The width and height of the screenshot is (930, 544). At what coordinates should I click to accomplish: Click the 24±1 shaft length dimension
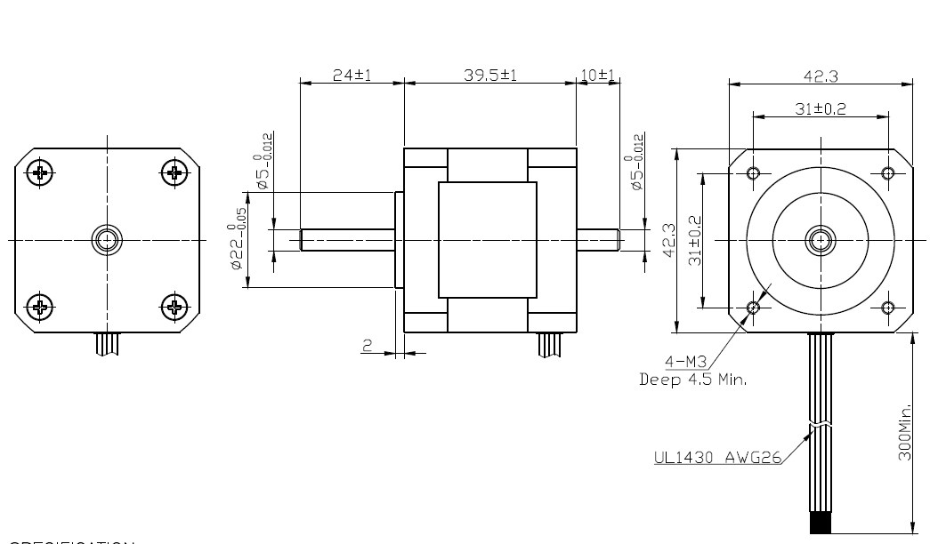tap(352, 76)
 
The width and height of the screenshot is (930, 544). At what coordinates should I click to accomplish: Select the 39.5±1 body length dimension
tap(490, 76)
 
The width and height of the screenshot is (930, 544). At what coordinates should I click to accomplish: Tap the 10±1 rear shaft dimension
tap(598, 76)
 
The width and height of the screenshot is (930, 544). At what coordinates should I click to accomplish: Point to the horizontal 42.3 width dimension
tap(820, 76)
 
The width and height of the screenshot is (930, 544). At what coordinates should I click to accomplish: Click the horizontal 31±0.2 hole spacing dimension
tap(820, 108)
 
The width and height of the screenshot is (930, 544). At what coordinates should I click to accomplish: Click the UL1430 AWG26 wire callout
tap(717, 459)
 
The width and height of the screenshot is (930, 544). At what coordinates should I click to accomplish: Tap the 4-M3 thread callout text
tap(686, 362)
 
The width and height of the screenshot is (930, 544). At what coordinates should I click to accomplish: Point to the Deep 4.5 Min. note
tap(693, 380)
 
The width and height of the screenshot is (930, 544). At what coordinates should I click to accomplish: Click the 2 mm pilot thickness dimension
tap(366, 346)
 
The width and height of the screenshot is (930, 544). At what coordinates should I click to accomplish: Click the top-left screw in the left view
tap(40, 172)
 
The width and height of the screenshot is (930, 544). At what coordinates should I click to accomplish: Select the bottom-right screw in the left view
tap(174, 308)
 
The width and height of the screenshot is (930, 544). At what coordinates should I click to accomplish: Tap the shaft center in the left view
tap(107, 239)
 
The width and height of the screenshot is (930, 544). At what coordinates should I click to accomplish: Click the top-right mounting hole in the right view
tap(886, 172)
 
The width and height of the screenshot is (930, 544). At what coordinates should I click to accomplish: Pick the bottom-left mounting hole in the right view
tap(754, 308)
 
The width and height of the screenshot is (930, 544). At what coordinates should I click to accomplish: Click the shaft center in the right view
tap(820, 239)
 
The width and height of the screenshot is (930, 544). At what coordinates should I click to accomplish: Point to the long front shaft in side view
tap(347, 240)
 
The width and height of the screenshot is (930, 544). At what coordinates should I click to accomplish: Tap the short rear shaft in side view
tap(597, 240)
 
